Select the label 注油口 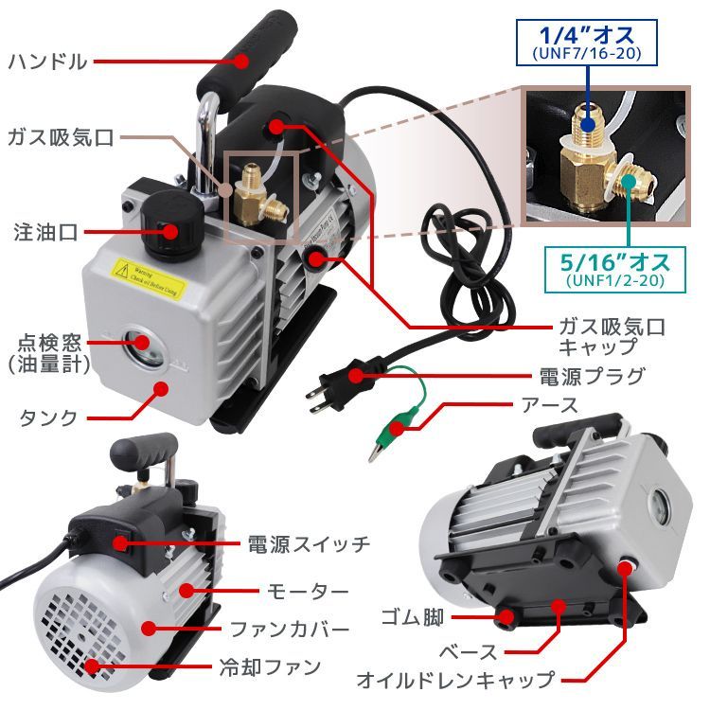(x=45, y=230)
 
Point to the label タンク (x=46, y=417)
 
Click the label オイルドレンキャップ (x=454, y=680)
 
